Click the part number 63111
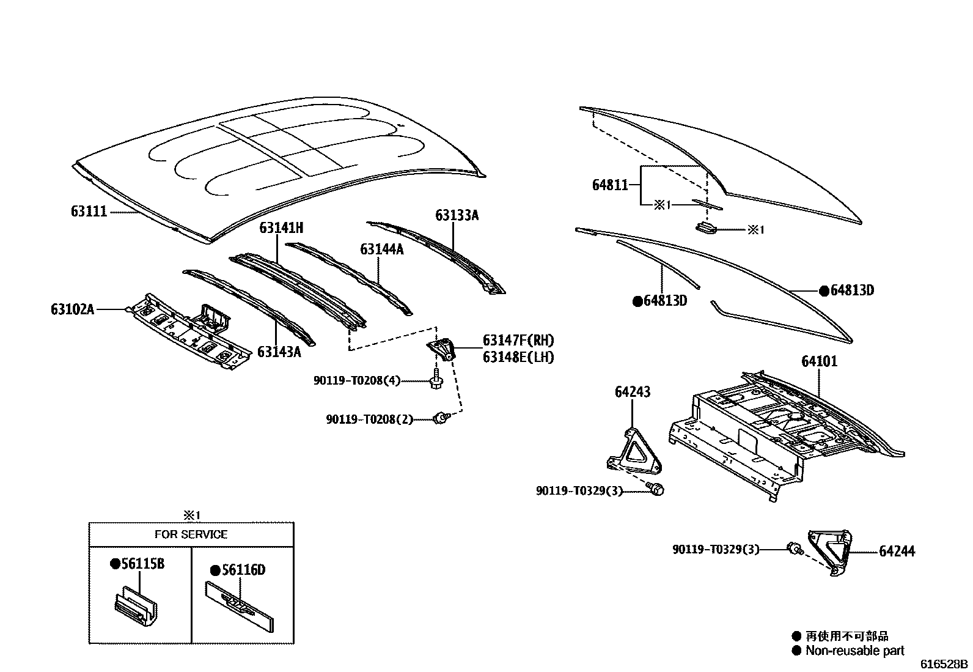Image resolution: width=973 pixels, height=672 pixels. point(89,212)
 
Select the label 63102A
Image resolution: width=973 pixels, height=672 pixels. point(72,309)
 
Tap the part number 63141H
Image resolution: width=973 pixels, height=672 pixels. point(281,228)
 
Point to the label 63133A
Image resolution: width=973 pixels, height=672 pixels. point(457,215)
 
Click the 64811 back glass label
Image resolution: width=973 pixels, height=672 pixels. point(610,184)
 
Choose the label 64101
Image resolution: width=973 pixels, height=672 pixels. point(820,361)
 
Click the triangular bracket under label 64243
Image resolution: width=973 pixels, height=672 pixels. point(634,452)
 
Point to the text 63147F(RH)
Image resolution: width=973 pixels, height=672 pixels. point(518,341)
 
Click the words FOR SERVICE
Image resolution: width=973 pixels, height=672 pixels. point(191,534)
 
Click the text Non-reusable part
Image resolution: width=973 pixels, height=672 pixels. point(854,651)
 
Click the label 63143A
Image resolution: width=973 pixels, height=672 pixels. point(279,352)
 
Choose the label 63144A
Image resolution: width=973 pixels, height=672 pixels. point(382,249)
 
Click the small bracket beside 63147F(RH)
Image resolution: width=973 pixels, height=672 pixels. point(442,350)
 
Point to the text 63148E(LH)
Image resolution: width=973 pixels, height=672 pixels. point(518,357)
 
